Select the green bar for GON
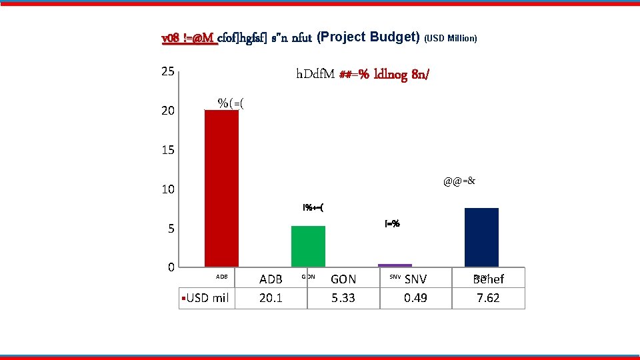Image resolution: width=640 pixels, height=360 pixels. pos(308,246)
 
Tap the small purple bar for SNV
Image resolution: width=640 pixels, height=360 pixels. pos(395,265)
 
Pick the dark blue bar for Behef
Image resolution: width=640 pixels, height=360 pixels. pos(481,237)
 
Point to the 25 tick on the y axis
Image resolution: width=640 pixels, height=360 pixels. pos(167,71)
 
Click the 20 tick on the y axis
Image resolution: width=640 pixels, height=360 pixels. pos(167,111)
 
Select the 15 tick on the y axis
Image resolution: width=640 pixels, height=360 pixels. pos(167,150)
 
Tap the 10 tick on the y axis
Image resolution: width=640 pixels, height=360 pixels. pos(167,189)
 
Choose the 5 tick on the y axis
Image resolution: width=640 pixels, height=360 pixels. pos(171,229)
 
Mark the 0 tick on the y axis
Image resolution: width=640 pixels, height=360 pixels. pos(171,267)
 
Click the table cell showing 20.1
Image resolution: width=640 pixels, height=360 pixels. pos(270,298)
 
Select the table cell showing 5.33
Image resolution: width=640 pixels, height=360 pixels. pos(343,298)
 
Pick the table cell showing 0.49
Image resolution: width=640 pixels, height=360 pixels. pos(415,298)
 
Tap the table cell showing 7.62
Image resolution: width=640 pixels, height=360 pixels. pos(488,298)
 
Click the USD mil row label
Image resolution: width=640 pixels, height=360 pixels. pos(207,298)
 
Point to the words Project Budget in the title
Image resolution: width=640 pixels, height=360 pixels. pos(369,37)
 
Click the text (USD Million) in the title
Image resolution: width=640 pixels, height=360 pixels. pos(451,39)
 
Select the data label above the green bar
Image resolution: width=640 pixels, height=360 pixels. pos(313,207)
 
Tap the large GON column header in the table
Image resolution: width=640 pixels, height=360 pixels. pos(343,279)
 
